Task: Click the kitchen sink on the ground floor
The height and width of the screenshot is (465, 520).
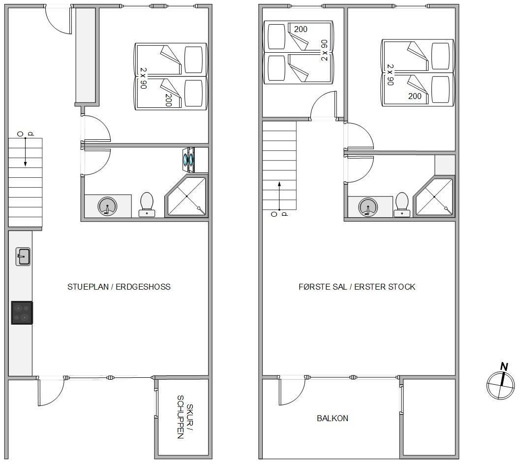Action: tap(23, 257)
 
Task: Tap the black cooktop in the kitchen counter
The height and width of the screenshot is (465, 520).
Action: tap(22, 313)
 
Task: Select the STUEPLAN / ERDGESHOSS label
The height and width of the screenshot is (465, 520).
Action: tap(119, 287)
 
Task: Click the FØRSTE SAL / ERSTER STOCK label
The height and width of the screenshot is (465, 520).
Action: tap(357, 287)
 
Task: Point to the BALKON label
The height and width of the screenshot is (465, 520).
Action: tap(332, 418)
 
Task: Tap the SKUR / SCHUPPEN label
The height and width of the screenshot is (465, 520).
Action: tap(185, 417)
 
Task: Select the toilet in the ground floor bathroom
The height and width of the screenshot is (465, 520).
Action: tap(147, 204)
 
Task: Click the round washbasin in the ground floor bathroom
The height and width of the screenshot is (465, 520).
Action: tap(107, 206)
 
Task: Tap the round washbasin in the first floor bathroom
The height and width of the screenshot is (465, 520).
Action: tap(368, 207)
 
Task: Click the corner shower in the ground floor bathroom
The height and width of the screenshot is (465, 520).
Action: tap(186, 196)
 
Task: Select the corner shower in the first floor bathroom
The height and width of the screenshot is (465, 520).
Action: tap(434, 197)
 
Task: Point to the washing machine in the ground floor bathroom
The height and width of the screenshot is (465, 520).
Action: tap(188, 160)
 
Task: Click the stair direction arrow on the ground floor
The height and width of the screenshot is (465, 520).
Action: tap(25, 152)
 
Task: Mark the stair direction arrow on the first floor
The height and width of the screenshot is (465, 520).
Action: tap(279, 196)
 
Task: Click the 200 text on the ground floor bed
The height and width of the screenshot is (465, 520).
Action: tap(168, 100)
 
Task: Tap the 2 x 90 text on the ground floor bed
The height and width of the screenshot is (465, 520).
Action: tap(143, 78)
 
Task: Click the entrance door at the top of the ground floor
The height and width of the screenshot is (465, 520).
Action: tap(59, 19)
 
